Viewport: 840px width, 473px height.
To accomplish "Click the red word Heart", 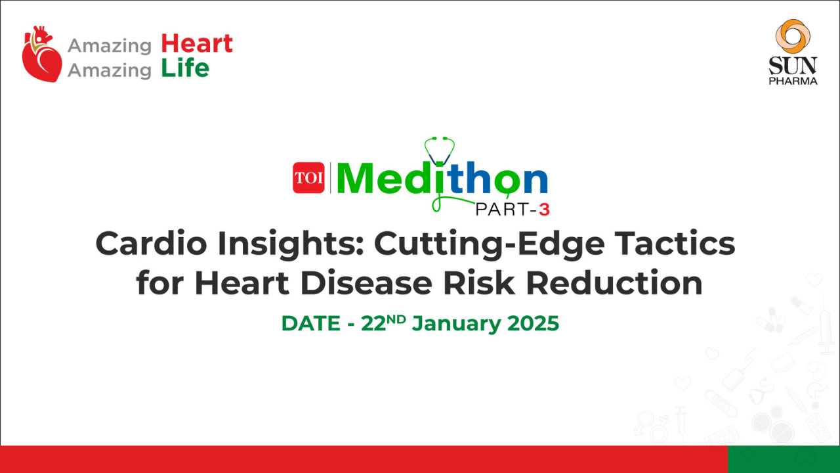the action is [197, 43].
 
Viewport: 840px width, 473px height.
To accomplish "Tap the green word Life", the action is [185, 68].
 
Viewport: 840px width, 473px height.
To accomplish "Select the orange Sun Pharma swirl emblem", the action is [793, 36].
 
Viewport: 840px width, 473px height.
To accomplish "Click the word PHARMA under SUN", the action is [793, 81].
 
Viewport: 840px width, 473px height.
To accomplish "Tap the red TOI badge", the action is [308, 177].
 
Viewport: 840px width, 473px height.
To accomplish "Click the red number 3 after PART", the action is [544, 210].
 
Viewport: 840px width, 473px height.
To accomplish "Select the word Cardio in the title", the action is [151, 244].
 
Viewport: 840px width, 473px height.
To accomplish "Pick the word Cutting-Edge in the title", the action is [489, 246].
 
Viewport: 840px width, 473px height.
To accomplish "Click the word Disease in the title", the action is [366, 283].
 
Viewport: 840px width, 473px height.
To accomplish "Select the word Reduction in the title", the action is [614, 283].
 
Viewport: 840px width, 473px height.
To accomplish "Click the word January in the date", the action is [456, 324].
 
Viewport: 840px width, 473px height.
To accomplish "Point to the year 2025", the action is [533, 323].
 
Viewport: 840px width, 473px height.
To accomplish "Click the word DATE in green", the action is [311, 324].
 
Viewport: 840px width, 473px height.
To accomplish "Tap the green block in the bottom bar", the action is [784, 459].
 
